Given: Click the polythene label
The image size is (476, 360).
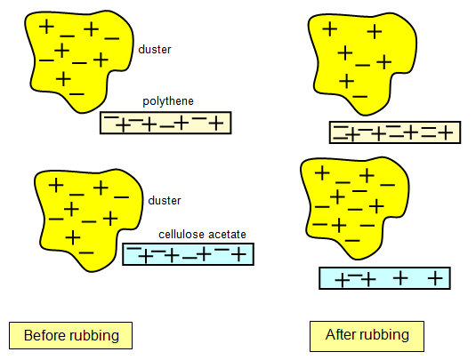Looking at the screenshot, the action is [x=168, y=101].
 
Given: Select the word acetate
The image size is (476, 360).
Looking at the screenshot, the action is [x=228, y=234].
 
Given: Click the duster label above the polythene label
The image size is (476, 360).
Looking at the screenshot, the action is [x=155, y=50].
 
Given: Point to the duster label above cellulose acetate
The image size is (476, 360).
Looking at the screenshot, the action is [x=165, y=201].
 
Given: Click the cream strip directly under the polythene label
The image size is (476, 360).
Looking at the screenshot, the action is [x=165, y=123].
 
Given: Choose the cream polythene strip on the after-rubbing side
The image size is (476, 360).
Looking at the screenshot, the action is [x=395, y=132].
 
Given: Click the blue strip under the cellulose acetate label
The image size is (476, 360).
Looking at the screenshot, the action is [x=189, y=254].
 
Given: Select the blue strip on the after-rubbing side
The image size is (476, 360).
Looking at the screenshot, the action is [x=384, y=278].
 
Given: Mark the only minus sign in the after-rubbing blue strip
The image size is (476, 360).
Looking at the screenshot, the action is [x=355, y=275].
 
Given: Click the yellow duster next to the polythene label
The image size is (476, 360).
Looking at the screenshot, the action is [x=79, y=61].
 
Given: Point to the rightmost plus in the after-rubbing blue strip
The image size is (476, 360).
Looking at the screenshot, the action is [x=435, y=278].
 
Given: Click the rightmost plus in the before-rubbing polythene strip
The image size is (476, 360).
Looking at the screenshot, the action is [x=216, y=124].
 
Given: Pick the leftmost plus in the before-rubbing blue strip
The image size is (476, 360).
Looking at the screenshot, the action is [x=146, y=257].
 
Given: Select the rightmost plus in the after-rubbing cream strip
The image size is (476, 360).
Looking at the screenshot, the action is [x=446, y=132].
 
